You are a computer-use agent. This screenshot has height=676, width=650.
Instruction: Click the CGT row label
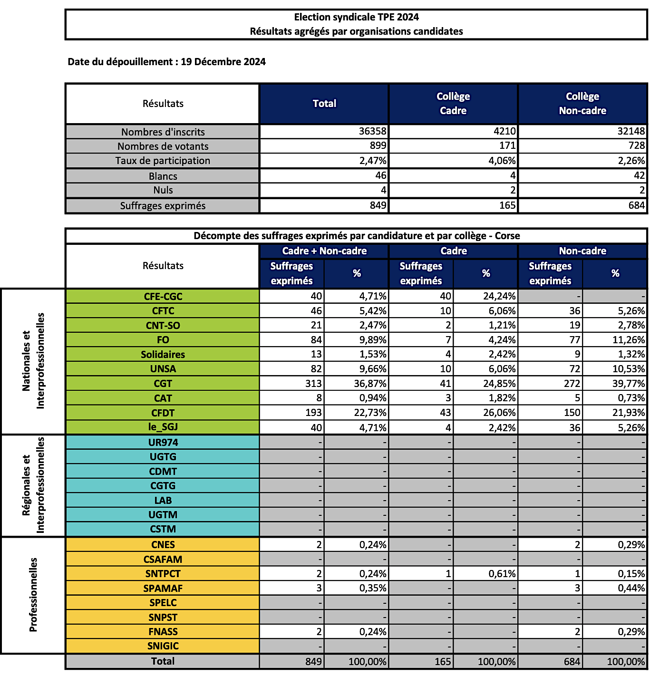(163, 384)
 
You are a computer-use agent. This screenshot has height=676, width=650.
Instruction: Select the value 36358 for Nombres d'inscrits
(373, 131)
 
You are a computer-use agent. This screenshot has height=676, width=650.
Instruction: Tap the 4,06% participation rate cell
(502, 161)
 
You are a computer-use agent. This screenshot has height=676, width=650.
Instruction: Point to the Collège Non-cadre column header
(582, 104)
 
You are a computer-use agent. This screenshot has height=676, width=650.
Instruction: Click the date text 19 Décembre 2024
(223, 62)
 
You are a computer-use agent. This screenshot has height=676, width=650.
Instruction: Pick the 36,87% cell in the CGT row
(370, 384)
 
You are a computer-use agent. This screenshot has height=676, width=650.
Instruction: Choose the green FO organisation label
(163, 340)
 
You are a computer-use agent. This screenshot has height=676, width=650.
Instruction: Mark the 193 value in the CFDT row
(313, 413)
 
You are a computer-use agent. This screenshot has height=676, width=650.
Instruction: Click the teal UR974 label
(163, 442)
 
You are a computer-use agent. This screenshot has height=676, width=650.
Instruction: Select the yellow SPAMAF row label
(163, 589)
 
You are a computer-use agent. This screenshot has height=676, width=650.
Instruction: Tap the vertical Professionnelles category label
(33, 595)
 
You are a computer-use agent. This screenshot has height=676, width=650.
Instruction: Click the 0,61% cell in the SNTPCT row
(502, 574)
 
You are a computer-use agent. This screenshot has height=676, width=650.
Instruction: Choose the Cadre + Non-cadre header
(324, 251)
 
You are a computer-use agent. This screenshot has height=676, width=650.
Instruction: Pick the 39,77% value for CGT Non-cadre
(629, 384)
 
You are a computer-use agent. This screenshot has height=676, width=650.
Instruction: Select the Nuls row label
(163, 190)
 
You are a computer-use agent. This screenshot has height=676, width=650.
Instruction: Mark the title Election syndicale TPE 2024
(356, 18)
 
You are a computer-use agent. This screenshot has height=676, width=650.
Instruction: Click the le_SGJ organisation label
(163, 427)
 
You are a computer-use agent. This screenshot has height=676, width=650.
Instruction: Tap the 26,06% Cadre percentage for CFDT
(499, 413)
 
